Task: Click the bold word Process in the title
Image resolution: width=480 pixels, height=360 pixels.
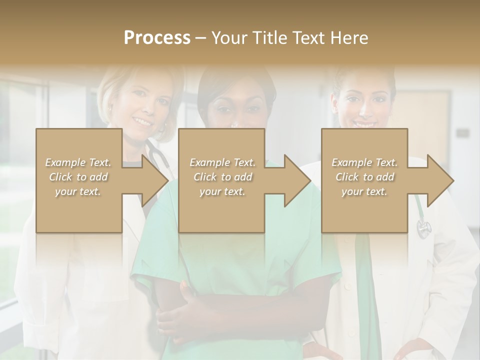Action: coord(157,37)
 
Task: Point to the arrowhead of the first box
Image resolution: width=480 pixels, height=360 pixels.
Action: coord(155,180)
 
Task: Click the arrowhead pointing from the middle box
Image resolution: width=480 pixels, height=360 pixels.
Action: coord(297,180)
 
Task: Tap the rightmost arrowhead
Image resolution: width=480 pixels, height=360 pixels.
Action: coord(440,180)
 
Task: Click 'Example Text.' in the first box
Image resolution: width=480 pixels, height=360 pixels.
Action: coord(78,162)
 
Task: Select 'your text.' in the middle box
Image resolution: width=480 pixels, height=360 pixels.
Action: coord(222,191)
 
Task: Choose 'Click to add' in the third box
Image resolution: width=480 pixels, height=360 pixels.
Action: coord(364,177)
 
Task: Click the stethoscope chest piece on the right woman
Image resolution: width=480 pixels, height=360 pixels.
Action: coord(424,228)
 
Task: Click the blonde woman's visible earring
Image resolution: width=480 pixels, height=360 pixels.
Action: coord(109,108)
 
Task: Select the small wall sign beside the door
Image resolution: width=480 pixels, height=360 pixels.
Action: coord(462,133)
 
